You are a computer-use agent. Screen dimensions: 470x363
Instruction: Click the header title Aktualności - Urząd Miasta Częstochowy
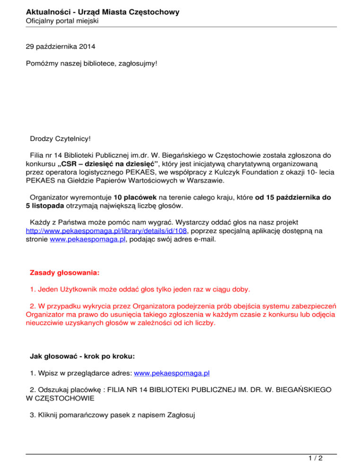pos(103,12)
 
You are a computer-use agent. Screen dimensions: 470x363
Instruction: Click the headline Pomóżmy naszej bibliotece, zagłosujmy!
pos(91,62)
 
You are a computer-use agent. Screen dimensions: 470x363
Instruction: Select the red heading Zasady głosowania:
pos(65,273)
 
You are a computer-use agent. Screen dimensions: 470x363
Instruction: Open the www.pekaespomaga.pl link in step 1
pos(172,374)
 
